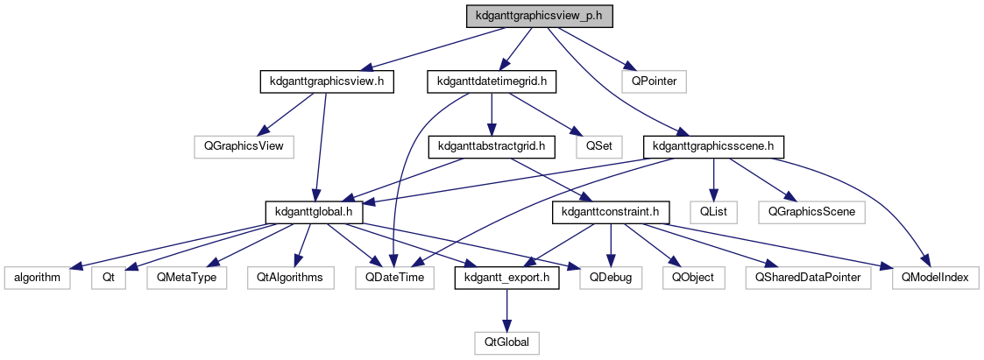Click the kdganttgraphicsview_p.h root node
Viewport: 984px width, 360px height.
click(x=539, y=16)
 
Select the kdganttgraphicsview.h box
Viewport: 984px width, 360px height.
click(x=326, y=81)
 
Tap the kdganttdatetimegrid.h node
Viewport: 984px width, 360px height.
click(x=492, y=81)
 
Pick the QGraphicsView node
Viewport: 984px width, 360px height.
click(x=244, y=145)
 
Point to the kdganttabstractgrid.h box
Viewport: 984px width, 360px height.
click(x=492, y=145)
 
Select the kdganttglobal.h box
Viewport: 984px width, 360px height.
click(x=313, y=211)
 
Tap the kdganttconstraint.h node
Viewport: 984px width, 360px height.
click(x=611, y=211)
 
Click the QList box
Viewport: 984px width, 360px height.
click(x=712, y=211)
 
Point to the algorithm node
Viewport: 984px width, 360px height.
click(x=37, y=277)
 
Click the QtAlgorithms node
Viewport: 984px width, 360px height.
click(x=290, y=277)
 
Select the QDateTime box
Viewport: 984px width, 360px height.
click(x=395, y=277)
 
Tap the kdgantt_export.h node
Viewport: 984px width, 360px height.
click(x=507, y=277)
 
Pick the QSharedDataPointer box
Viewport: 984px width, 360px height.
click(x=803, y=277)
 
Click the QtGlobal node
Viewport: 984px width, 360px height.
click(x=507, y=342)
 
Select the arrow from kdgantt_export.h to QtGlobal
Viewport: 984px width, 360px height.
click(x=507, y=309)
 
